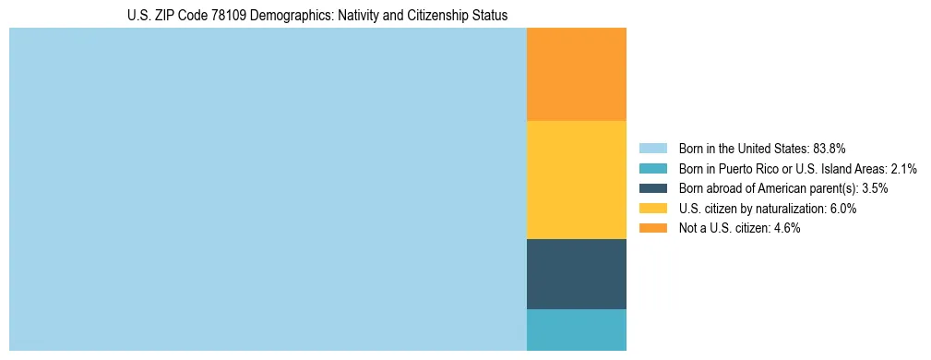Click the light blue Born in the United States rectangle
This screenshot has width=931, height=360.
pyautogui.click(x=268, y=189)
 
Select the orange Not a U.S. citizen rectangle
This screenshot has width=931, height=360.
pyautogui.click(x=576, y=75)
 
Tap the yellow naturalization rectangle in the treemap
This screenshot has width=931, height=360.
pyautogui.click(x=576, y=180)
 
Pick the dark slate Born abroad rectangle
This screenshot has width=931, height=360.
pyautogui.click(x=576, y=274)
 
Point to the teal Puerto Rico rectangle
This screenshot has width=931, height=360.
pyautogui.click(x=576, y=330)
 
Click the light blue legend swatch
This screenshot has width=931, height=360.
pyautogui.click(x=652, y=148)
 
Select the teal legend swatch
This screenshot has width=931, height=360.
pyautogui.click(x=652, y=168)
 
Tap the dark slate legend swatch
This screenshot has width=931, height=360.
pyautogui.click(x=652, y=188)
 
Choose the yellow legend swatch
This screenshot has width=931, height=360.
pyautogui.click(x=652, y=209)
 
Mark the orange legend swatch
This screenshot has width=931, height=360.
pyautogui.click(x=652, y=229)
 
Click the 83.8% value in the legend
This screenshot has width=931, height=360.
pyautogui.click(x=830, y=148)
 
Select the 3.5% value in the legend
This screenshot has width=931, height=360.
pyautogui.click(x=875, y=188)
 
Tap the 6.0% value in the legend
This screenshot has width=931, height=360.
pyautogui.click(x=843, y=209)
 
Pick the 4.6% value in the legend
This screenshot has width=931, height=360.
pyautogui.click(x=787, y=229)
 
